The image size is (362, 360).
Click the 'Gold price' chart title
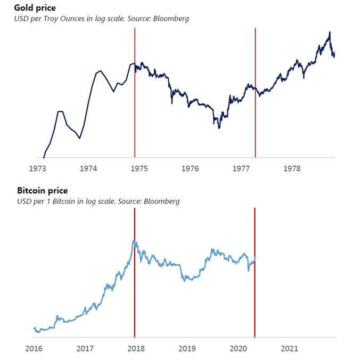35,8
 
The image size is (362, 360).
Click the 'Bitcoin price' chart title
43,191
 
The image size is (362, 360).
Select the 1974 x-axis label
88,169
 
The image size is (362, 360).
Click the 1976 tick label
190,169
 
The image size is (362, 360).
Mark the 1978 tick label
292,169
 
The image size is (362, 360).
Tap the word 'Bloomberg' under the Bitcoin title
161,201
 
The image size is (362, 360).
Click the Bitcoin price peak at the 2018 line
135,241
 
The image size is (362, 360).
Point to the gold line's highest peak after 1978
330,32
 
